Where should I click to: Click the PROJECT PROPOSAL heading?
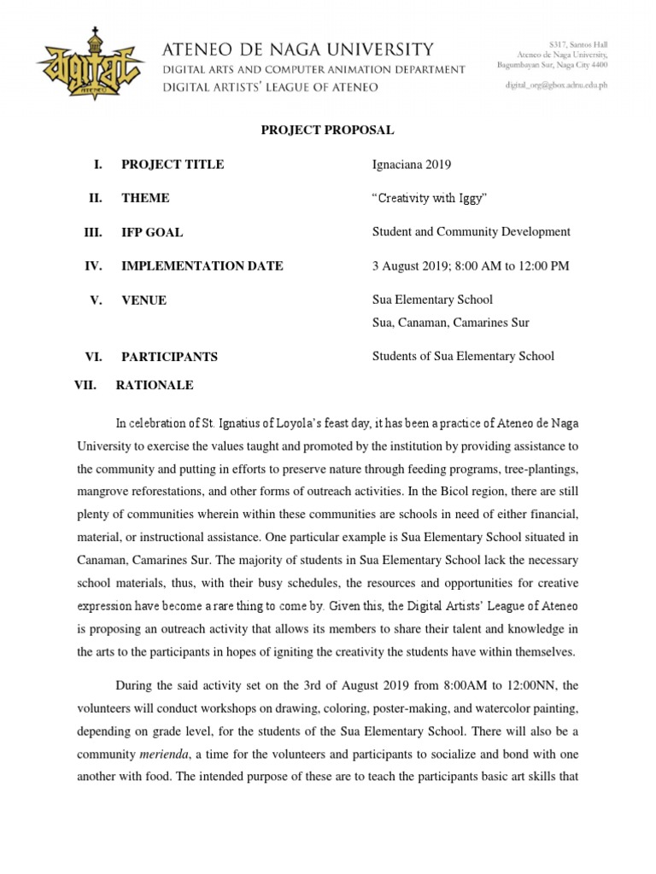coord(327,131)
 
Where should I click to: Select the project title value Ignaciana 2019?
coord(413,165)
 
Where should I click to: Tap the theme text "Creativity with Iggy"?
coord(430,198)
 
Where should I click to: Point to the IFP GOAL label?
coord(152,232)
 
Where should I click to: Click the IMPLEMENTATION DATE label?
coord(202,266)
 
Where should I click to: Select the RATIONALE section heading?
coord(155,385)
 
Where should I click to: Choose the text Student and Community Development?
coord(471,232)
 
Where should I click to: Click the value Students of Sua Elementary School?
coord(463,357)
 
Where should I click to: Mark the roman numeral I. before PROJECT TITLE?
coord(98,165)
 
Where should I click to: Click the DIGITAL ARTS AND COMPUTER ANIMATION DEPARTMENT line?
coord(313,69)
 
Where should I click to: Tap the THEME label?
coord(145,198)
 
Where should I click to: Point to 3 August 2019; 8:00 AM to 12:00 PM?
coord(470,266)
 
